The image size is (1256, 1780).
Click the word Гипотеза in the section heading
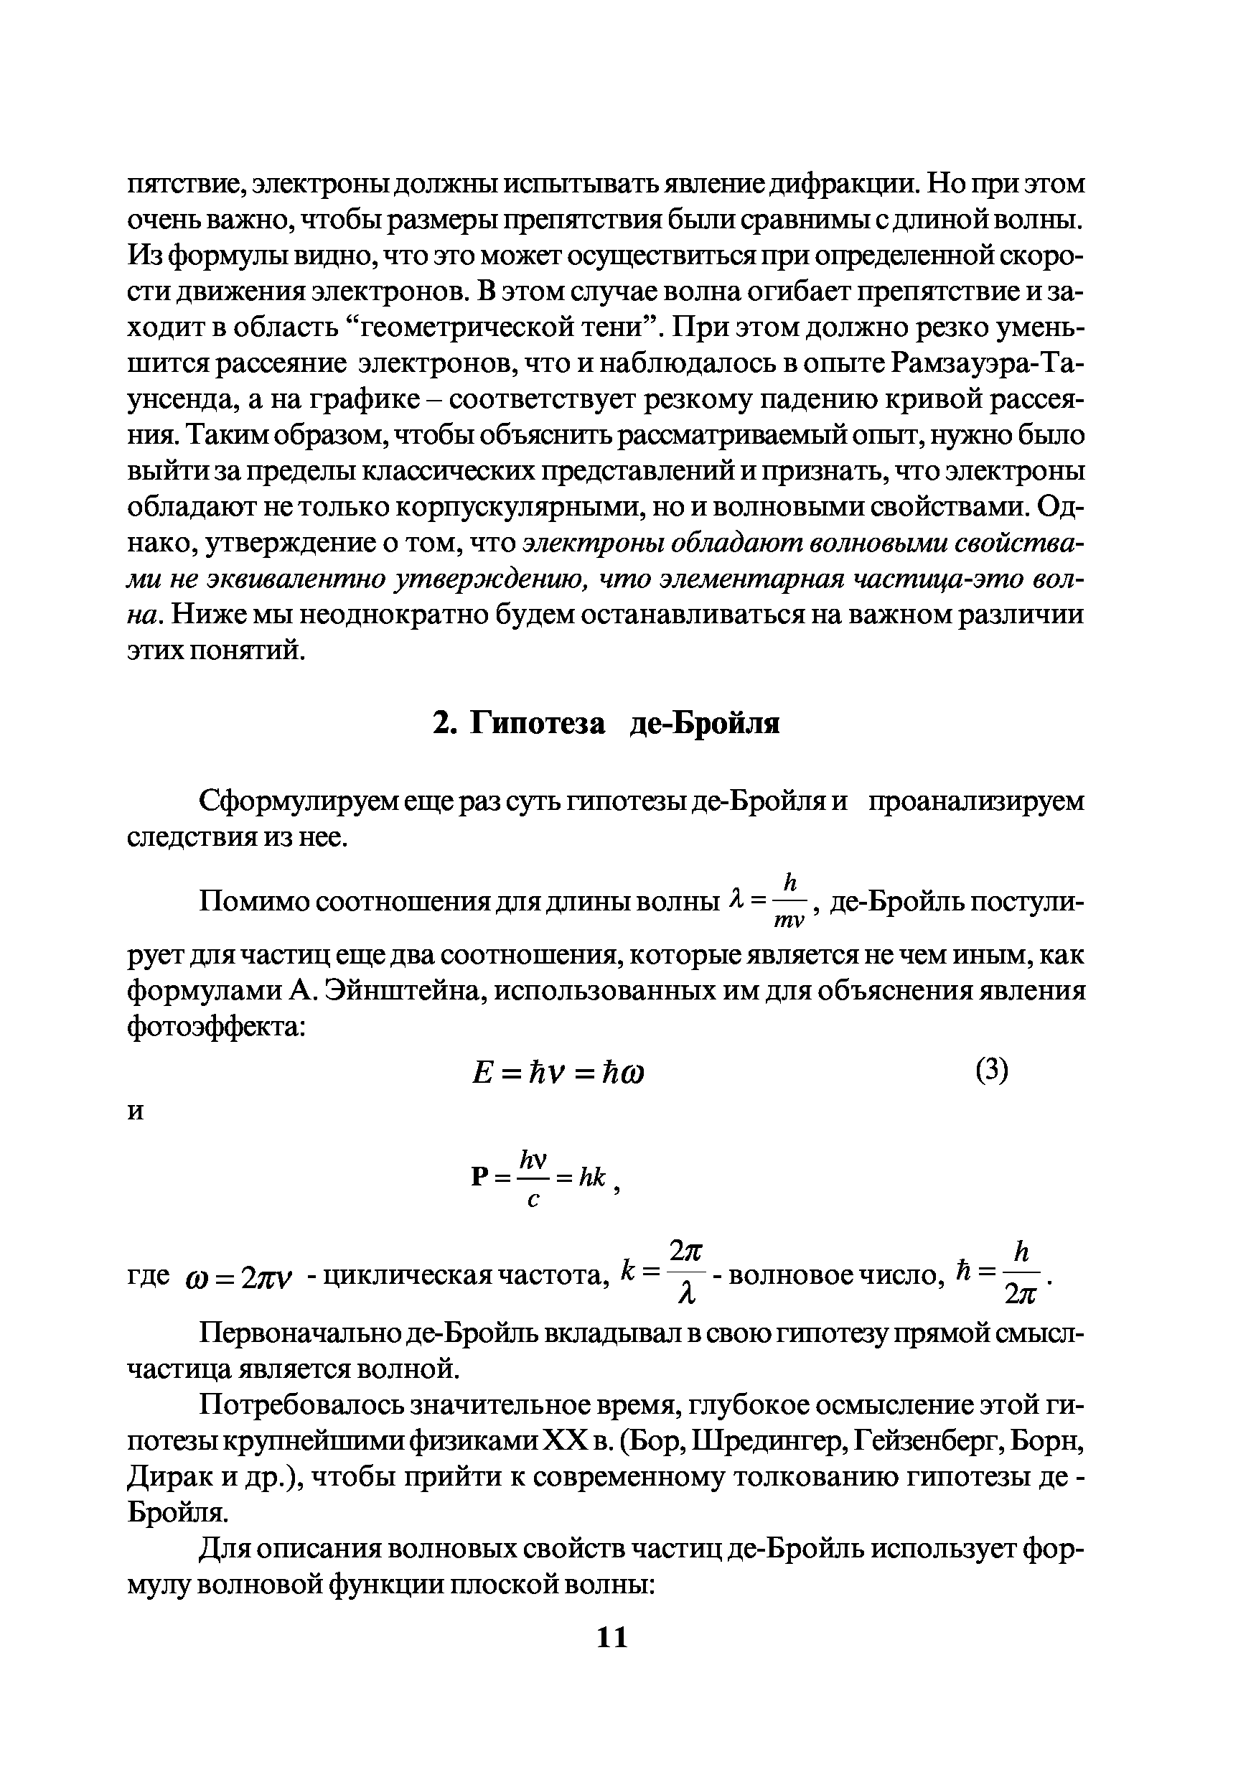pos(539,723)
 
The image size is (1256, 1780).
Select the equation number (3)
pos(992,1071)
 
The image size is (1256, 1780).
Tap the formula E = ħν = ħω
pos(558,1073)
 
